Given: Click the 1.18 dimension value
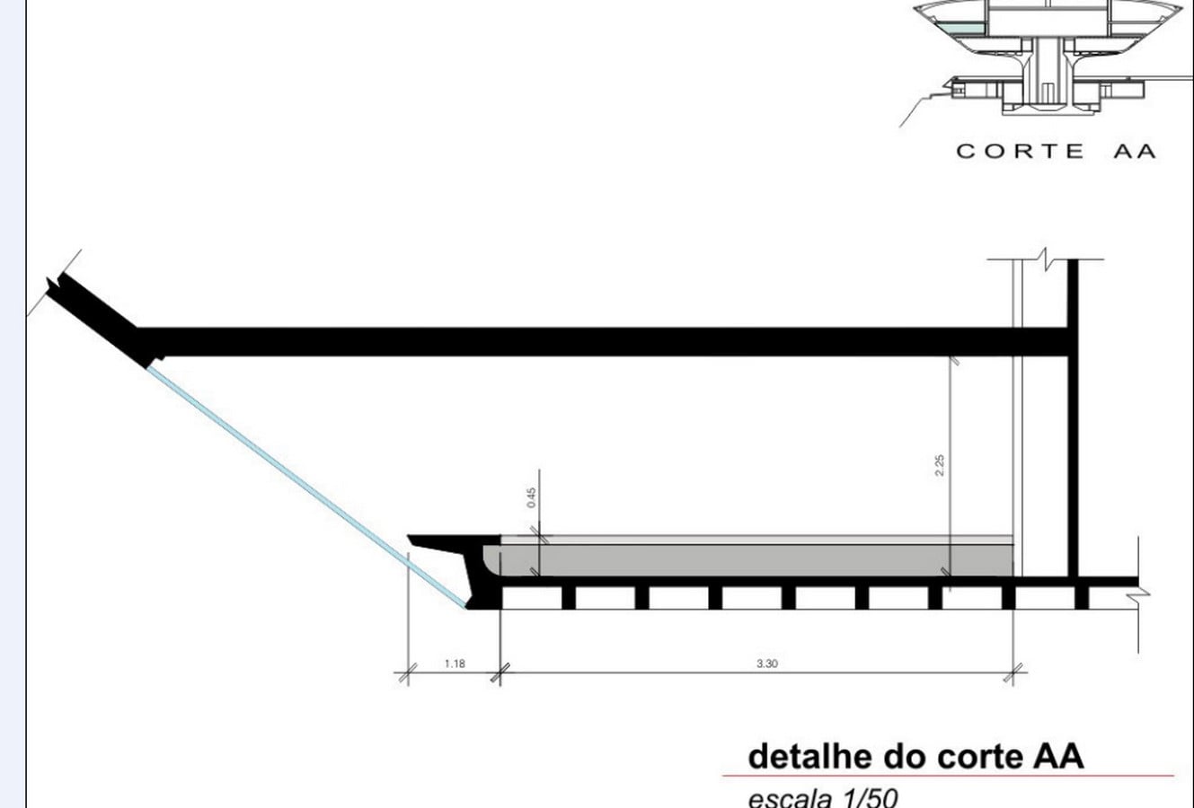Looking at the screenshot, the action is [455, 663].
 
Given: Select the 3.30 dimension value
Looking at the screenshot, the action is [767, 663].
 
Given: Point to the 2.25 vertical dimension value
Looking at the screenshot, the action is [940, 465].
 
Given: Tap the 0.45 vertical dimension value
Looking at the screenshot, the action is [532, 497].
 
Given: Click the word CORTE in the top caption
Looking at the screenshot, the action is [1021, 151].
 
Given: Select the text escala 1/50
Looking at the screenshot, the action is [823, 798].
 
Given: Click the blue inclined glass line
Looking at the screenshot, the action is [306, 486].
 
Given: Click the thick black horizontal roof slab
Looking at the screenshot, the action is [602, 341].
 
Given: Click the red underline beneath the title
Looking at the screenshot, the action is [948, 776].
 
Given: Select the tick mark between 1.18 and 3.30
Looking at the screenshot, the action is [500, 672].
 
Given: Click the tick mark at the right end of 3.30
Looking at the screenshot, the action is [1013, 672].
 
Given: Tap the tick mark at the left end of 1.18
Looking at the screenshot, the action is [408, 672].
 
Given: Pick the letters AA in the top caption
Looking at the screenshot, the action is [1136, 151].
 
